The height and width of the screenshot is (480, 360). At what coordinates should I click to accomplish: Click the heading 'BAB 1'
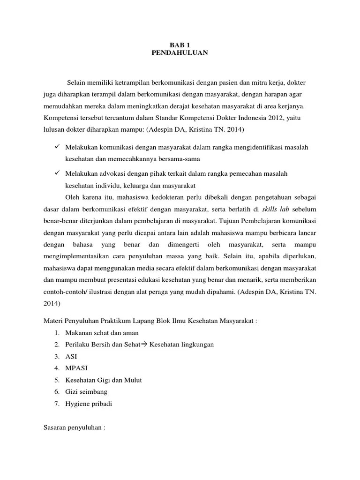180,45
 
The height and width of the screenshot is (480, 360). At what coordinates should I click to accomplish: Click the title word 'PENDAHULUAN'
180,53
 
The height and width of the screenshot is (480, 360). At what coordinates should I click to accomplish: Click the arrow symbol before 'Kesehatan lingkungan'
144,345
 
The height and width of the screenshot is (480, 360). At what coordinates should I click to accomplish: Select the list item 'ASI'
71,356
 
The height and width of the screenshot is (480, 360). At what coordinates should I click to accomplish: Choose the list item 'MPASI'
76,368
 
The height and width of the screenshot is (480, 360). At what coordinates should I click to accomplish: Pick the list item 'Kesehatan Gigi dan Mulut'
104,380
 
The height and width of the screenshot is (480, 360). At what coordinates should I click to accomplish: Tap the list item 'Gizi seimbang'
86,391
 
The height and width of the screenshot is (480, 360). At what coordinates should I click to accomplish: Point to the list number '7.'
56,403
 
